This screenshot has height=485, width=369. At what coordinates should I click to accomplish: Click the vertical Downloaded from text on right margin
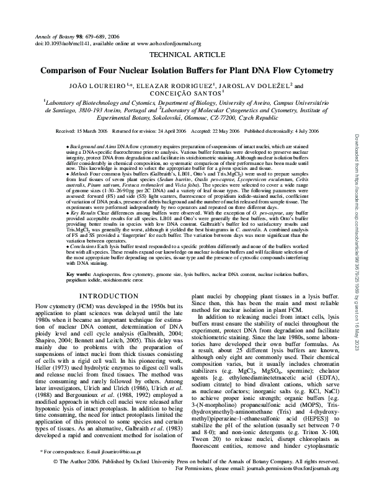click(x=358, y=186)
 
